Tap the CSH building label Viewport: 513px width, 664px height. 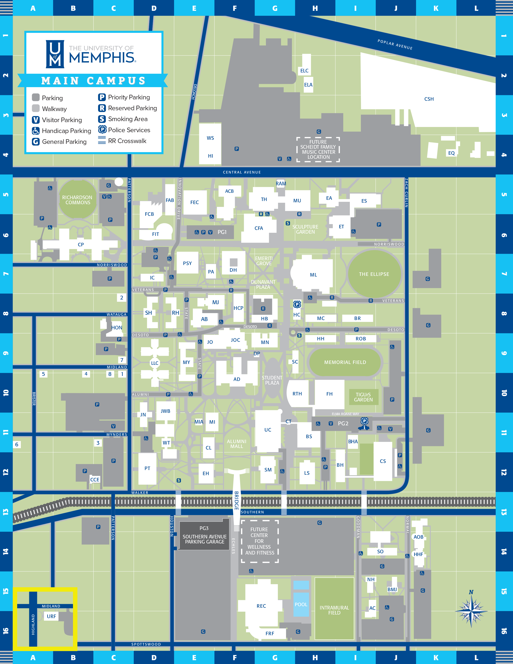(x=429, y=99)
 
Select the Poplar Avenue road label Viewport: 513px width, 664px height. (x=395, y=44)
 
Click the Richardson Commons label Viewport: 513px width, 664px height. (x=77, y=200)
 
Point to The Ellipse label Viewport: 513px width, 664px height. (x=374, y=274)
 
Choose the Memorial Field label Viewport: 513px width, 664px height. (x=345, y=362)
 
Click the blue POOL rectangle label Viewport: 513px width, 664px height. (x=301, y=604)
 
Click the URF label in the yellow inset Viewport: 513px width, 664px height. (x=51, y=616)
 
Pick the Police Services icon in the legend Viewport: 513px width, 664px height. (x=102, y=130)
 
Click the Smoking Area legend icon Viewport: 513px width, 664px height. (x=102, y=119)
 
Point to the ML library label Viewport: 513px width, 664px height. (x=313, y=275)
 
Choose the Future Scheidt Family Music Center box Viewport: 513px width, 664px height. (x=318, y=150)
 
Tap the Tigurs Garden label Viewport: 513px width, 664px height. (x=363, y=397)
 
